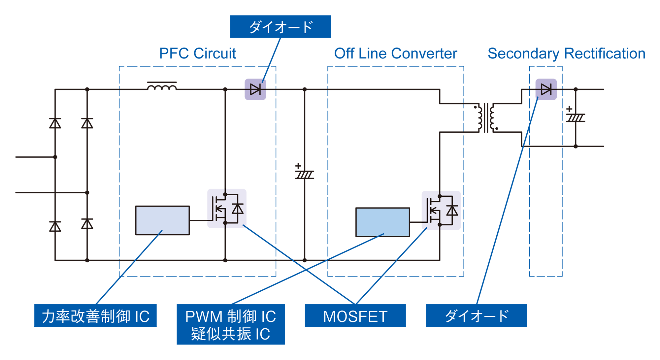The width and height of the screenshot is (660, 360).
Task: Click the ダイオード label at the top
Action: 281,27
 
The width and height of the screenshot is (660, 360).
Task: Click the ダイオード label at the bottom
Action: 477,316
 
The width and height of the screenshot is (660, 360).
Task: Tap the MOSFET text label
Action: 355,317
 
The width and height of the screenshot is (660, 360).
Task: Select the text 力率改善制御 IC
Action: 96,317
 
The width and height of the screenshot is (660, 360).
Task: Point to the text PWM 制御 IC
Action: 230,317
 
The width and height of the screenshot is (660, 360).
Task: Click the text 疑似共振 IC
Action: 230,334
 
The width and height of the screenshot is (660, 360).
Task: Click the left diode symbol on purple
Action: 255,89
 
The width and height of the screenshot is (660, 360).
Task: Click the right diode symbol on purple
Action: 546,89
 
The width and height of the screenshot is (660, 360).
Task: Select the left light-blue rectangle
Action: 162,220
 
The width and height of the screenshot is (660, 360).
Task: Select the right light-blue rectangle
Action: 382,222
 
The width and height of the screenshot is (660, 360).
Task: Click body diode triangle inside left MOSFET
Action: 238,209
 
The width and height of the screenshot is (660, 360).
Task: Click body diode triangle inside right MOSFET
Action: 452,211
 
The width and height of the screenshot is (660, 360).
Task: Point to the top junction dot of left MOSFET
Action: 225,194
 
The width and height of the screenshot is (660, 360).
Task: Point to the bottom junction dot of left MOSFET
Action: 225,223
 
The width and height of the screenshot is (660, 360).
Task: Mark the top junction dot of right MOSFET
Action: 440,196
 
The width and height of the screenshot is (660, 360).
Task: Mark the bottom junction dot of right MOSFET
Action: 440,225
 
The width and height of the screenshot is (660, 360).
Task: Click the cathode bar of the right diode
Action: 551,89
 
